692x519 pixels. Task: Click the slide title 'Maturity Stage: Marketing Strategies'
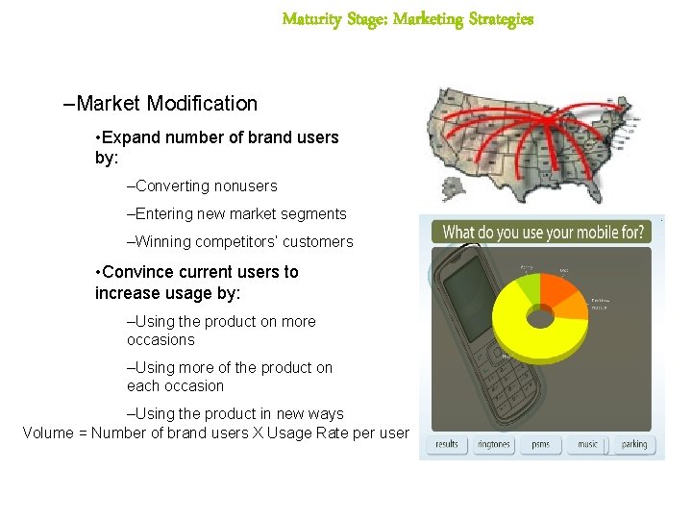pos(408,19)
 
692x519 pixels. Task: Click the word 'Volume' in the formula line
pos(48,432)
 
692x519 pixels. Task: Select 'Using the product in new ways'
pos(235,413)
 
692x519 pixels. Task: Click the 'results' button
pos(447,444)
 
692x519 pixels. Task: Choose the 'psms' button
pos(540,444)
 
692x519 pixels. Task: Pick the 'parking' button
pos(633,444)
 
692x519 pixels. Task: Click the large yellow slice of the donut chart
pos(538,346)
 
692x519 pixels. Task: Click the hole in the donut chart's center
pos(541,314)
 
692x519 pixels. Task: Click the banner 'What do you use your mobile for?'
pos(541,233)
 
